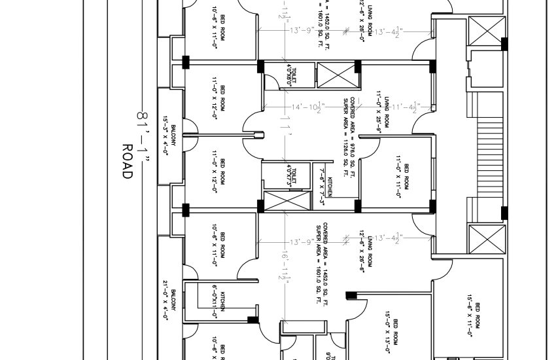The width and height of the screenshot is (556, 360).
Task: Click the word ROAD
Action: [x=128, y=162]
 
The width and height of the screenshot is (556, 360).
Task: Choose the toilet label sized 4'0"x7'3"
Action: [x=290, y=174]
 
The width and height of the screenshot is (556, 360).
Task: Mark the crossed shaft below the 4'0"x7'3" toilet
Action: [x=285, y=202]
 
